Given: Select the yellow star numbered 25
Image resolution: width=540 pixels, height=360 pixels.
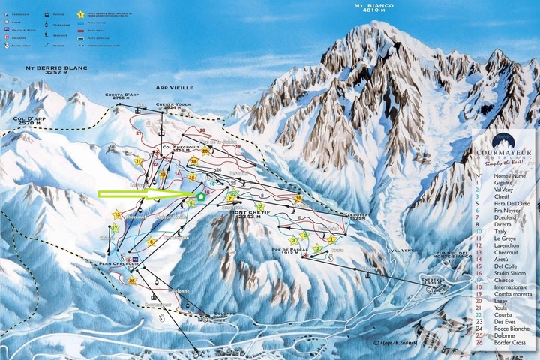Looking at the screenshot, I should [x=132, y=280].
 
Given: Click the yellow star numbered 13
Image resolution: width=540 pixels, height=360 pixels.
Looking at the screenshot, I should [x=117, y=215].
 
